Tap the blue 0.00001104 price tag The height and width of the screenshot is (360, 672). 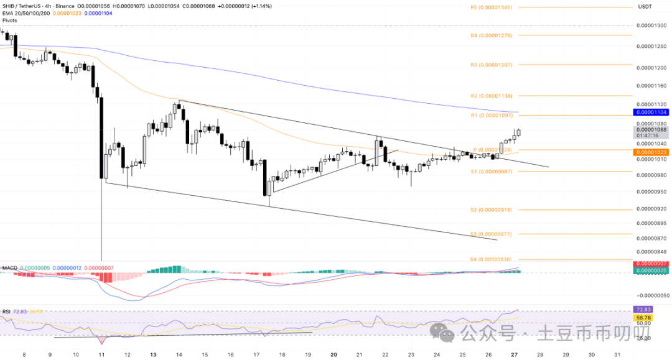point(650,112)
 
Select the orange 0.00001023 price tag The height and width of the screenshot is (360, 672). point(650,152)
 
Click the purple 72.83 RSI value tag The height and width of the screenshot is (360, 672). point(642,308)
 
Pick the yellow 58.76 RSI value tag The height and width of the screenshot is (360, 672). point(642,317)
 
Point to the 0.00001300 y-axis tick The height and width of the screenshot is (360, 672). point(650,26)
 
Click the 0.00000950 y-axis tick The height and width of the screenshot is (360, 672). point(650,191)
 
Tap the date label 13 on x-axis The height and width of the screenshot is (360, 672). point(152,354)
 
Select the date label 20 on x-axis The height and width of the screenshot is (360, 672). point(334,354)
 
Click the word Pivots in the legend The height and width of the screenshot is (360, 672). point(11,20)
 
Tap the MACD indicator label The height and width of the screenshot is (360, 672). point(9,268)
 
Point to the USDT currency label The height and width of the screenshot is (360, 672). point(645,7)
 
